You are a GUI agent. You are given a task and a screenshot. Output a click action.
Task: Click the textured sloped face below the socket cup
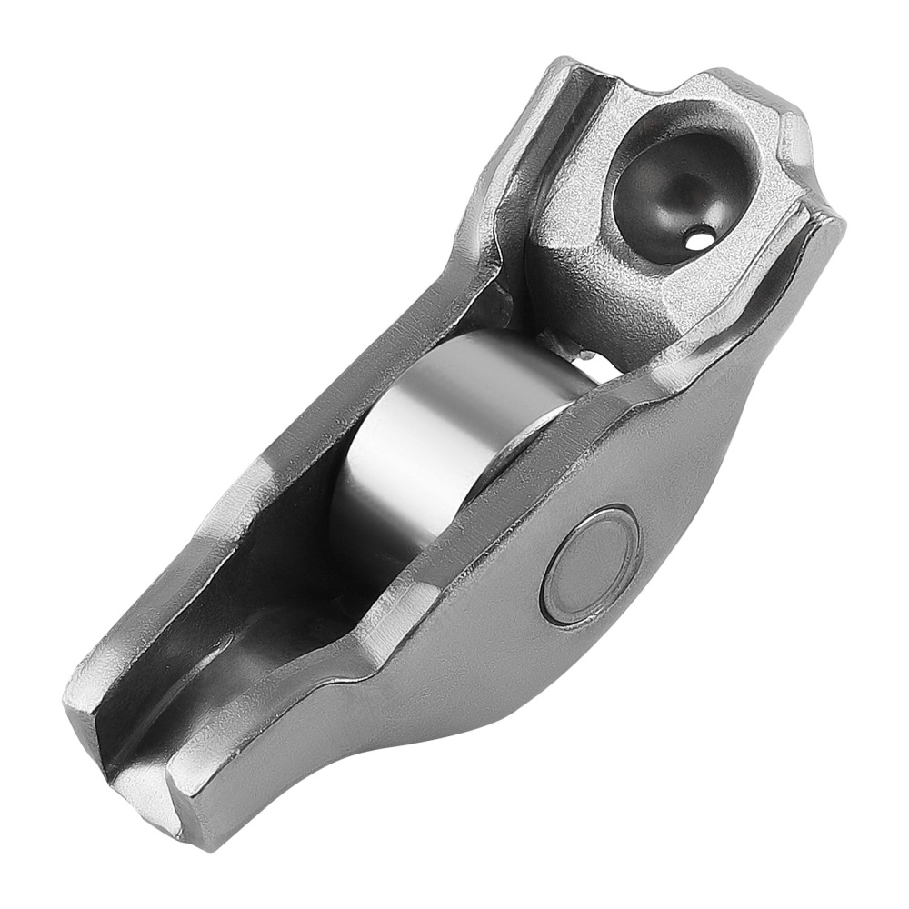click(591, 291)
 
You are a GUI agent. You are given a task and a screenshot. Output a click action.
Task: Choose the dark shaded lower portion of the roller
click(364, 536)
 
